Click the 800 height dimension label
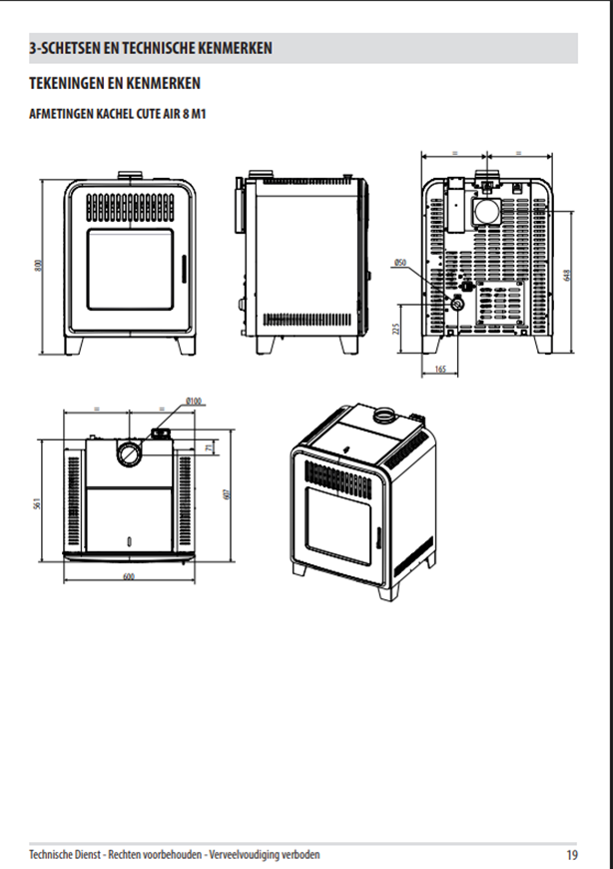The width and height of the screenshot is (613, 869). pyautogui.click(x=38, y=266)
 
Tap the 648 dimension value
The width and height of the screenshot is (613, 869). pyautogui.click(x=566, y=276)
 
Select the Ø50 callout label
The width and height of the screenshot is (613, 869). pyautogui.click(x=399, y=262)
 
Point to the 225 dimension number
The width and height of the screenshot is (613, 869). pyautogui.click(x=396, y=330)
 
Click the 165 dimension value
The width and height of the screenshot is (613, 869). pyautogui.click(x=440, y=370)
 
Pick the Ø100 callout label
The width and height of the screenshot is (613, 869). pyautogui.click(x=194, y=401)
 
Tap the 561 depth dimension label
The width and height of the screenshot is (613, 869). pyautogui.click(x=37, y=503)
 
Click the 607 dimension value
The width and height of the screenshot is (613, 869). pyautogui.click(x=226, y=494)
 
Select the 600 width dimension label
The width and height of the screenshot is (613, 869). pyautogui.click(x=129, y=576)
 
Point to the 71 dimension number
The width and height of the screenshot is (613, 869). pyautogui.click(x=209, y=446)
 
